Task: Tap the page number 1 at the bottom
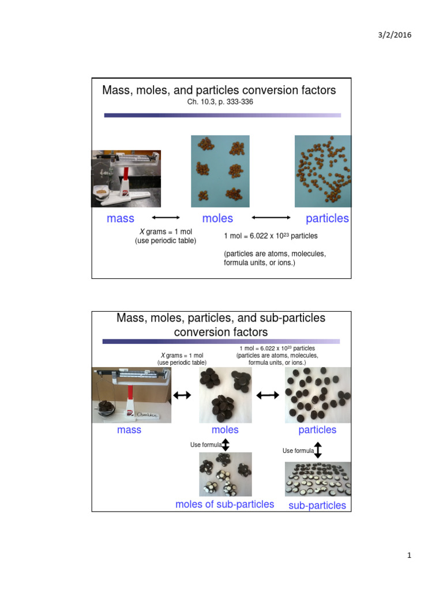[x=408, y=555]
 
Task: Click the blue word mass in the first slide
[x=121, y=218]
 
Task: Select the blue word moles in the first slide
[x=217, y=218]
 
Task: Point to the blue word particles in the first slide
[x=327, y=218]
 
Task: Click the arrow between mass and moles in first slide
[x=166, y=218]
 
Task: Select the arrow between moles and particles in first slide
[x=271, y=218]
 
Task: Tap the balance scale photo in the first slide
[x=126, y=178]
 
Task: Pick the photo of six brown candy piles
[x=220, y=171]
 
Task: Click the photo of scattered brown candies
[x=322, y=171]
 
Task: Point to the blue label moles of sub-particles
[x=224, y=504]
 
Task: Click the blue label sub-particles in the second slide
[x=317, y=505]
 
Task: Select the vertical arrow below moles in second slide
[x=226, y=445]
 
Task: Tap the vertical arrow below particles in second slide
[x=317, y=450]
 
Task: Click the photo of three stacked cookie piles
[x=225, y=395]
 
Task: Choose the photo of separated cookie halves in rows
[x=318, y=479]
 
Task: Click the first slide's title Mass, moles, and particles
[x=219, y=90]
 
